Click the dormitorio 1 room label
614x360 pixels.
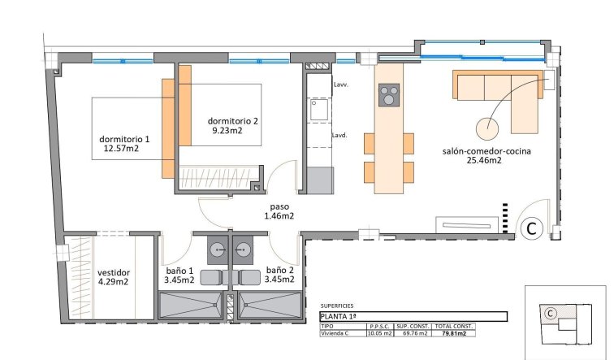coord(124,137)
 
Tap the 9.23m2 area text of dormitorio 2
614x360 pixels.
coord(226,131)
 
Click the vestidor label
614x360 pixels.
coord(114,272)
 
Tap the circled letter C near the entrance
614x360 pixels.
coord(531,229)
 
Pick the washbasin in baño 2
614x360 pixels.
coord(244,248)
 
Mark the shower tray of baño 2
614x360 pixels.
coord(267,307)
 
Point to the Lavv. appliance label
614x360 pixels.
coord(339,85)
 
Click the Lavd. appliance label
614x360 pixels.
coord(339,136)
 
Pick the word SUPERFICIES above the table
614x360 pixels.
coord(339,298)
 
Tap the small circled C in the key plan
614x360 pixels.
coord(550,313)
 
